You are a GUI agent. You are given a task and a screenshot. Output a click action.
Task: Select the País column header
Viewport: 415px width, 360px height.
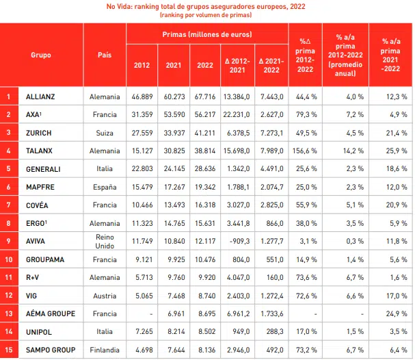pyautogui.click(x=105, y=55)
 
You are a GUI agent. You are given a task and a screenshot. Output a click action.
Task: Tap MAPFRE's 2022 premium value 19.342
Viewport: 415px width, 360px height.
pyautogui.click(x=205, y=186)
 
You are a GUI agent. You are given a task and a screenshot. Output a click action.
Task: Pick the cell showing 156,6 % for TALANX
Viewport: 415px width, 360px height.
pyautogui.click(x=304, y=150)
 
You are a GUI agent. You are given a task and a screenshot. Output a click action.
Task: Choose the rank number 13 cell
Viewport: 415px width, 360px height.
pyautogui.click(x=8, y=313)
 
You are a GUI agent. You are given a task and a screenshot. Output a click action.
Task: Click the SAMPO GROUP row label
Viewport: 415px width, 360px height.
pyautogui.click(x=51, y=348)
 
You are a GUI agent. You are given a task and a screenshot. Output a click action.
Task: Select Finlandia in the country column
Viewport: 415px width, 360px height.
pyautogui.click(x=105, y=348)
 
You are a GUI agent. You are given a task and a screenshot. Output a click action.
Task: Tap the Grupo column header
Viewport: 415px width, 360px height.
pyautogui.click(x=41, y=55)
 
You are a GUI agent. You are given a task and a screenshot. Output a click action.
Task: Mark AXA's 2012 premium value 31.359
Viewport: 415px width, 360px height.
pyautogui.click(x=142, y=114)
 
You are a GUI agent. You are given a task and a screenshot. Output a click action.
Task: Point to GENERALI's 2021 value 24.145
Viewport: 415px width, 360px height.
pyautogui.click(x=174, y=168)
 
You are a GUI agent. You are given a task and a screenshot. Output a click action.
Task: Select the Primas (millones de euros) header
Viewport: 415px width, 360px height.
pyautogui.click(x=206, y=34)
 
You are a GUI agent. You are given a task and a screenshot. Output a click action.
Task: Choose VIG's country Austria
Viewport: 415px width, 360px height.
pyautogui.click(x=105, y=295)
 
